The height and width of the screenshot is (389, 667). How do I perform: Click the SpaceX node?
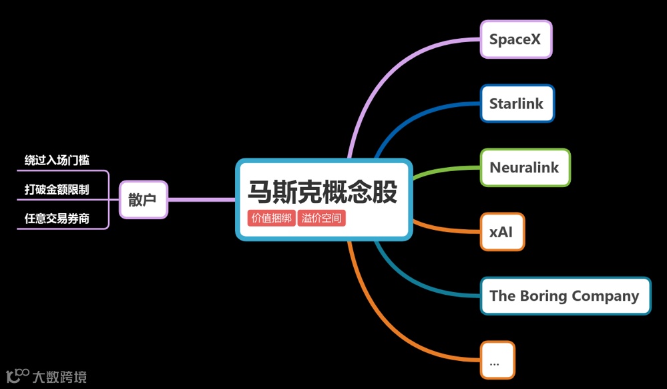tap(515, 39)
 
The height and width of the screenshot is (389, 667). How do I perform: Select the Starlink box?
tap(517, 104)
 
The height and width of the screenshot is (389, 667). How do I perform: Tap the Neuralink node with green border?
tap(525, 168)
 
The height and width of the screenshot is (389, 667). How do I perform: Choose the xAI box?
tap(502, 232)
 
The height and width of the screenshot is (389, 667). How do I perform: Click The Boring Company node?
tap(565, 296)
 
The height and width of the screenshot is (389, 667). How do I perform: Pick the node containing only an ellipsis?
tap(497, 360)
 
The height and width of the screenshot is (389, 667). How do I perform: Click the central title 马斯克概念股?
tap(322, 192)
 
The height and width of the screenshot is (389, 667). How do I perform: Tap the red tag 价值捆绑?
tap(271, 218)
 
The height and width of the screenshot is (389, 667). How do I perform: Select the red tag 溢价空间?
tap(321, 218)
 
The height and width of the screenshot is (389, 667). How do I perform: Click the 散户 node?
tap(143, 199)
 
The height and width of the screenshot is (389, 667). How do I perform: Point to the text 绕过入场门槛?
tap(57, 160)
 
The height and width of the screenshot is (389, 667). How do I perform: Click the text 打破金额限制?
tap(57, 190)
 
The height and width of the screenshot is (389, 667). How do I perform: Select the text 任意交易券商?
tap(57, 219)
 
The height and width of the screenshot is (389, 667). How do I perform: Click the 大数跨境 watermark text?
tap(59, 377)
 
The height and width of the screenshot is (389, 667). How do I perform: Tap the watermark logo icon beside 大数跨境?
tap(17, 376)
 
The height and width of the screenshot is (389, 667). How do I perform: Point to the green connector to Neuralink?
tap(441, 171)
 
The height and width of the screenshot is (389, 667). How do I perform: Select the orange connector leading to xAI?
tap(441, 227)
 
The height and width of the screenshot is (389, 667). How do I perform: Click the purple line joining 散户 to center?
tap(200, 199)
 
